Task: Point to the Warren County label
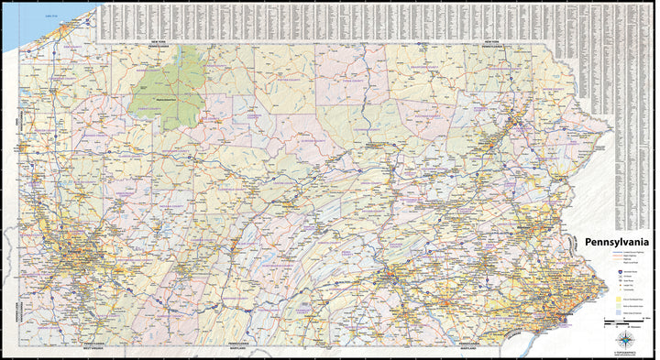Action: pos(147,69)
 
